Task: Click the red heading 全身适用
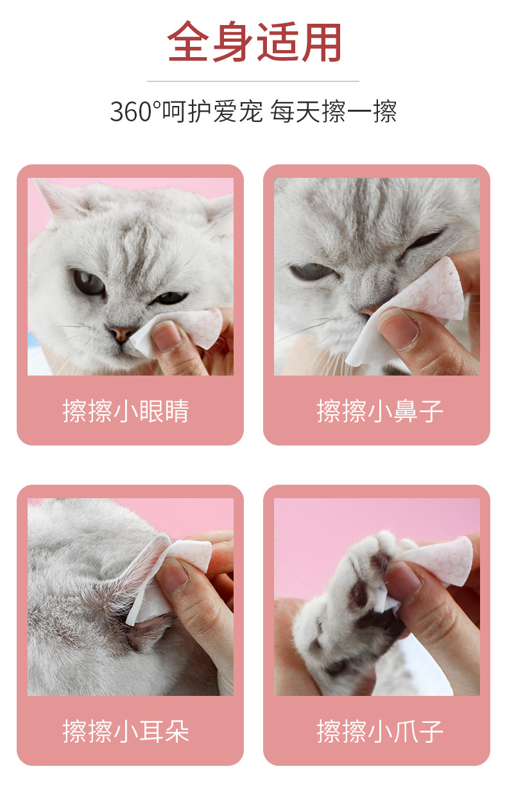click(254, 41)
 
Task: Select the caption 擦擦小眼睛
click(126, 411)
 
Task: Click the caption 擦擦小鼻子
click(380, 411)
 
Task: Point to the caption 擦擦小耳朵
click(126, 731)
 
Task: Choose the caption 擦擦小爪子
click(380, 731)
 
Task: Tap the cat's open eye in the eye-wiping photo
click(89, 282)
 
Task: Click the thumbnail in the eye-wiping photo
click(166, 336)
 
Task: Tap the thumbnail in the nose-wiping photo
click(399, 330)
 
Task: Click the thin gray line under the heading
click(253, 82)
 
